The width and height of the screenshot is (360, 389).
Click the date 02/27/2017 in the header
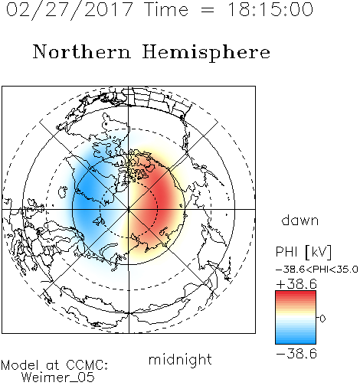pyautogui.click(x=70, y=10)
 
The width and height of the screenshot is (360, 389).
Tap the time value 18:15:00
pyautogui.click(x=270, y=9)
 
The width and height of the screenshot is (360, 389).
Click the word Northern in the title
pyautogui.click(x=82, y=51)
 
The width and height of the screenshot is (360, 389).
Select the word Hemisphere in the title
pyautogui.click(x=206, y=52)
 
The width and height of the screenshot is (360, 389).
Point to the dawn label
pyautogui.click(x=300, y=220)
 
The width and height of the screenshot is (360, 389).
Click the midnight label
pyautogui.click(x=180, y=360)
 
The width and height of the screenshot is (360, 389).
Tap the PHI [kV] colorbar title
pyautogui.click(x=303, y=252)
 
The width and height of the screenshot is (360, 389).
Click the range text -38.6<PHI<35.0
pyautogui.click(x=317, y=270)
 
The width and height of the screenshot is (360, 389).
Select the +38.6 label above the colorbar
pyautogui.click(x=296, y=284)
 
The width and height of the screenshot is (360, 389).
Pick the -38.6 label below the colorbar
pyautogui.click(x=296, y=354)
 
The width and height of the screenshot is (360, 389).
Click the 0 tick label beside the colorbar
pyautogui.click(x=322, y=319)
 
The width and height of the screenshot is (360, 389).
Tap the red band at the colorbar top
pyautogui.click(x=296, y=295)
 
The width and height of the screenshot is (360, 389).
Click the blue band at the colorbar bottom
pyautogui.click(x=296, y=340)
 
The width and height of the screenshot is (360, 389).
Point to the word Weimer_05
pyautogui.click(x=57, y=378)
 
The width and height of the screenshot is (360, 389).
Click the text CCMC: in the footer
pyautogui.click(x=87, y=365)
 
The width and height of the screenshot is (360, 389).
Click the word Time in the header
pyautogui.click(x=166, y=10)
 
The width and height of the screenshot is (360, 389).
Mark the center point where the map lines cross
pyautogui.click(x=129, y=209)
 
